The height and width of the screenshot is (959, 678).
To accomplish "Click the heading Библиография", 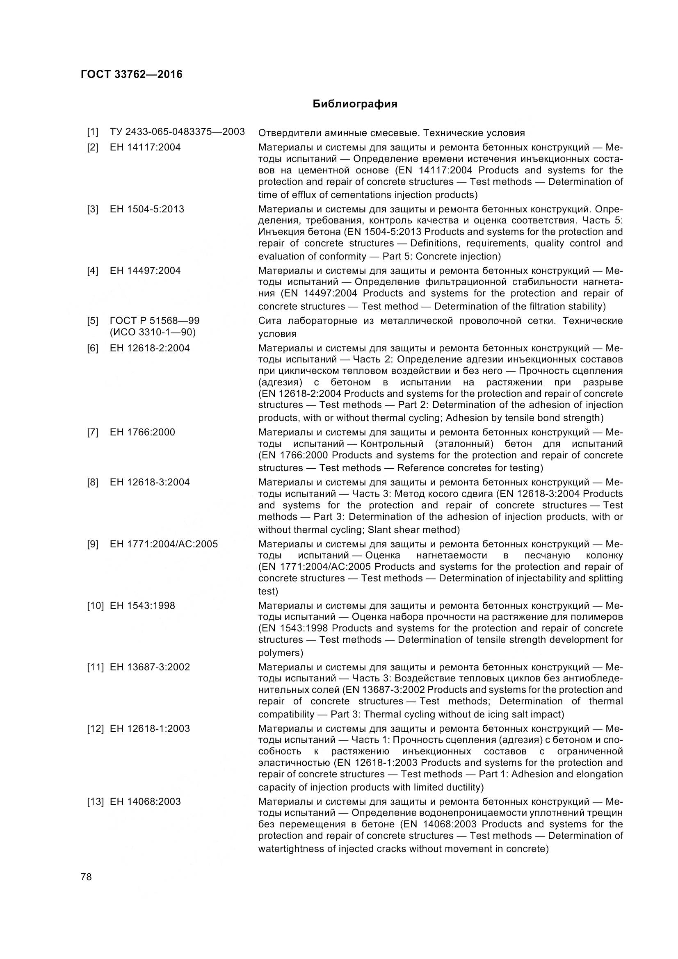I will coord(355,104).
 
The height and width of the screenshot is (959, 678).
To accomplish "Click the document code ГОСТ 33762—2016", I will coord(132,74).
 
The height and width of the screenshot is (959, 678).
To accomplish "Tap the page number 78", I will coord(86,877).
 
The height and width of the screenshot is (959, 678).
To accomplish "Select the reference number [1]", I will coord(93,132).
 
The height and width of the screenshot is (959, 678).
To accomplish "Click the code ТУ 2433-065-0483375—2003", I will coord(177,132).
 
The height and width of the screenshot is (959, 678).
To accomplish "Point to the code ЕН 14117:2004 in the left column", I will coord(145,147).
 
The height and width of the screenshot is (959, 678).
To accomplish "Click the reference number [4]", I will coord(93,271).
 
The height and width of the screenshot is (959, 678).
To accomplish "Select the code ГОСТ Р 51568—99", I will coord(155,321).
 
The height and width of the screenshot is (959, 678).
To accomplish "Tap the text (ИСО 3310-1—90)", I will coord(153,332).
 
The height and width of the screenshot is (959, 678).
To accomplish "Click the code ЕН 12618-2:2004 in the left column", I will coord(150,348).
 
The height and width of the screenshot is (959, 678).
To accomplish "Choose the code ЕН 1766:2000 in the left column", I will coord(142,432).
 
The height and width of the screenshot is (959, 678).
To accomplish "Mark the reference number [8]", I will coord(93,482).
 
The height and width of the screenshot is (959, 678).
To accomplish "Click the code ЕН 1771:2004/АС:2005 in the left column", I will coord(164,544).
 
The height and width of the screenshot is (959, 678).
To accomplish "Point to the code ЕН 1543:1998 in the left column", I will coord(142,605).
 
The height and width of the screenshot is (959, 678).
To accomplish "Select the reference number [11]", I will coord(95,667).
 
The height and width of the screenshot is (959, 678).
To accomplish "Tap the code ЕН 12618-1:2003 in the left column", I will coord(150,729).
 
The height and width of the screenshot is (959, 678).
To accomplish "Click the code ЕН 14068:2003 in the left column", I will coord(145,802).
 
